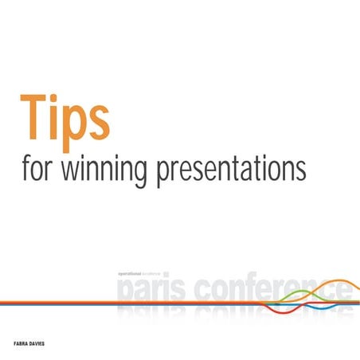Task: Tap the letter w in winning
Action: pyautogui.click(x=78, y=170)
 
